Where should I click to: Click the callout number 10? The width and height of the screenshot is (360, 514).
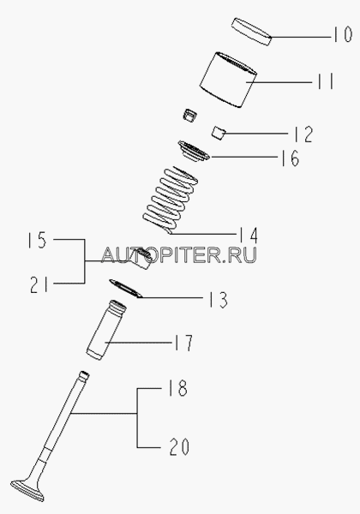343,34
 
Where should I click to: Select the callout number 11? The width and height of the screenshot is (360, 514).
326,81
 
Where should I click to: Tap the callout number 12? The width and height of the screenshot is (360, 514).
303,134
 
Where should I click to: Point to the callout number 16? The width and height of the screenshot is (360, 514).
290,158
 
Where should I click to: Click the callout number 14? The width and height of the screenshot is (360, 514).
248,235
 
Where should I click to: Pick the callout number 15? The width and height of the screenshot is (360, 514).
37,240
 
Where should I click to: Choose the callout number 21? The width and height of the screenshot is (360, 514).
39,284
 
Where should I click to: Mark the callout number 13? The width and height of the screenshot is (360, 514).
219,300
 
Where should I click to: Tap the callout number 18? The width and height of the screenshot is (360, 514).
177,388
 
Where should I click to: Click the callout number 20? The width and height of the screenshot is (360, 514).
179,446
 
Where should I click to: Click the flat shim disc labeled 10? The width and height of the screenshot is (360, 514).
252,32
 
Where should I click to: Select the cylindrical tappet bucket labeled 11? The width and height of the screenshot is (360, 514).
229,80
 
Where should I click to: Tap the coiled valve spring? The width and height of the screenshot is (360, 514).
171,200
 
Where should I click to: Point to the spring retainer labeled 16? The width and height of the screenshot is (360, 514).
194,152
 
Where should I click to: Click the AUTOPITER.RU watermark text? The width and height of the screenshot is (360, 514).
179,255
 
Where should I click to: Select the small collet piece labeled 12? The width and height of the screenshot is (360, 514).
219,133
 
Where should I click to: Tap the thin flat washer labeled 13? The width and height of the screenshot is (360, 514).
126,289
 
